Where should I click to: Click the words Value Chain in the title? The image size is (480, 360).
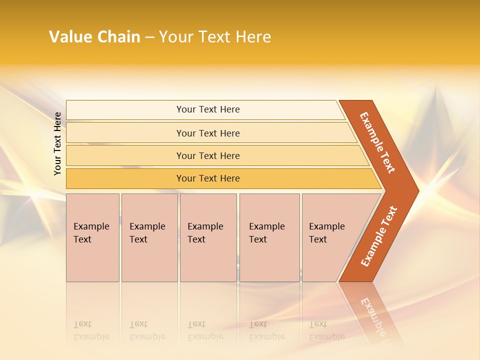coord(94,37)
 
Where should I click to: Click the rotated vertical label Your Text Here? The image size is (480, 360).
coord(57,143)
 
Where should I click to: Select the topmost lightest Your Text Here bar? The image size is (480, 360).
coord(208,109)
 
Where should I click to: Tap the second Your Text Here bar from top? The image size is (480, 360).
coord(208,133)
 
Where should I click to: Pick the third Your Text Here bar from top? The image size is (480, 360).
coord(208,155)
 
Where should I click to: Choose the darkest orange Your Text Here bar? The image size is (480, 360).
coord(208,178)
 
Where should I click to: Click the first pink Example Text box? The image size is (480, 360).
coord(92,237)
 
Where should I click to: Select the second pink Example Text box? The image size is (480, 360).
coord(149,237)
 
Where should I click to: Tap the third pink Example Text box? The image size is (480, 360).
coord(208,237)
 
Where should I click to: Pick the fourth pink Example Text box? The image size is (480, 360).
coord(269,237)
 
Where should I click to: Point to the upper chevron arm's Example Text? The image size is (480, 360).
coord(377,142)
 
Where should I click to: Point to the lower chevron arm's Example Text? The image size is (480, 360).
coord(379,236)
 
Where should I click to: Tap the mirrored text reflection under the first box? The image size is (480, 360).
coord(91,330)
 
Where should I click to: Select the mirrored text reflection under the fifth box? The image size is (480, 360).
coord(327,330)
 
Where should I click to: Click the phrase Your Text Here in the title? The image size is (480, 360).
coord(215,37)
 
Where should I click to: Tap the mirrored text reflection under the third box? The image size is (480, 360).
coord(205,330)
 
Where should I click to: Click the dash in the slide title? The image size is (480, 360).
coord(149,37)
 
